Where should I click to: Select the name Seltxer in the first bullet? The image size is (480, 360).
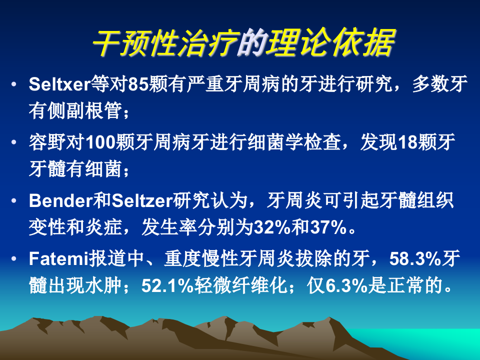[x=59, y=83]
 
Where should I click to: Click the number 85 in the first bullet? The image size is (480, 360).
[x=136, y=83]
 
